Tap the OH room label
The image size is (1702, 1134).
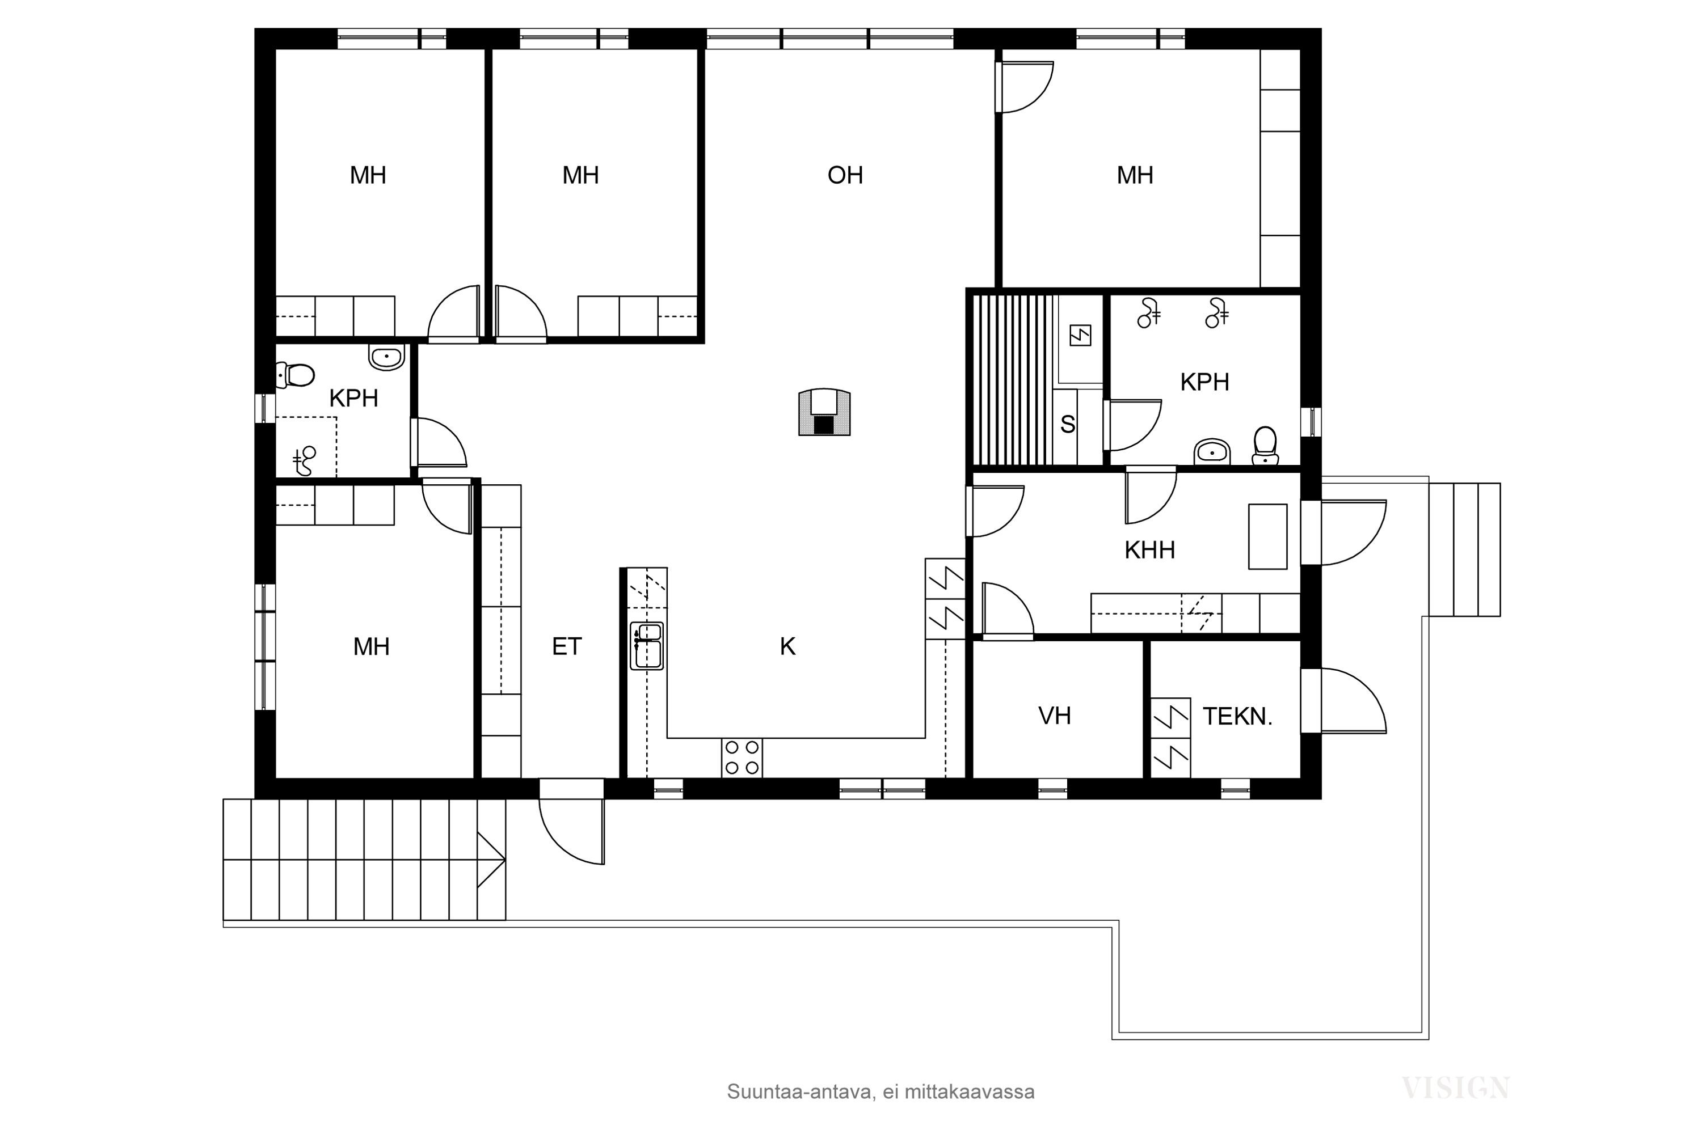pos(845,175)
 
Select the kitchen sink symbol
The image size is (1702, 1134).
pos(646,645)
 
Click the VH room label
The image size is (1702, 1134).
pos(1054,716)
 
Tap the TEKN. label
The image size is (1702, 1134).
pos(1237,717)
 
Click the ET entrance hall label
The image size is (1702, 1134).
pos(567,646)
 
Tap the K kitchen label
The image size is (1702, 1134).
pos(787,646)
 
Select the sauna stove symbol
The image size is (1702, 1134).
pos(1080,335)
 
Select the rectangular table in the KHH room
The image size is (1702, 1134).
pos(1267,536)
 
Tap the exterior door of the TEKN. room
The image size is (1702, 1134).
pos(1346,701)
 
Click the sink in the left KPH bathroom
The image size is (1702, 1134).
pos(386,357)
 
